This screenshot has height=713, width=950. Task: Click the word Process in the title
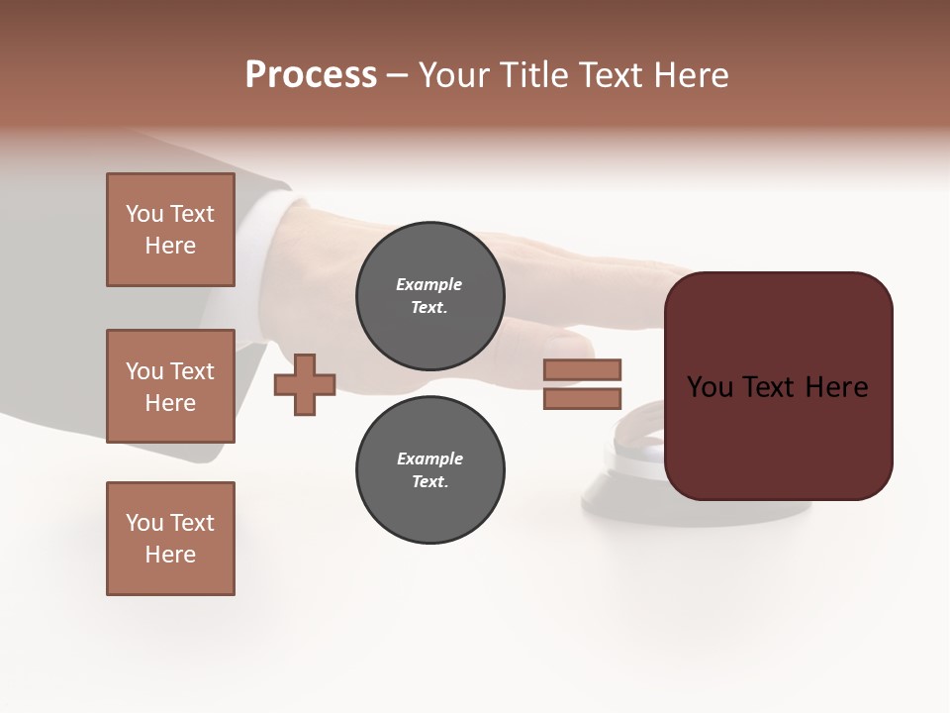click(311, 75)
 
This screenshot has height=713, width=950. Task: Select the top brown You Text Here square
click(170, 230)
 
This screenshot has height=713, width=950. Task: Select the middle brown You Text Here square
click(170, 386)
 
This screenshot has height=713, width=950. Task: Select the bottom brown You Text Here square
click(170, 539)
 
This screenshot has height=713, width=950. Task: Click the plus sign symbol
click(305, 384)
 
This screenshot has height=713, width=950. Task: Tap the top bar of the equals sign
click(582, 370)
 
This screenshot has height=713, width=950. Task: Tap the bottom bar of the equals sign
click(582, 399)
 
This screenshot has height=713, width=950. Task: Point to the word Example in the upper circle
click(428, 284)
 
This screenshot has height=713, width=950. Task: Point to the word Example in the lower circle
click(429, 458)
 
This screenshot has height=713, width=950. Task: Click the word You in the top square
click(144, 214)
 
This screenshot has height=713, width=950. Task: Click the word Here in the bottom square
click(170, 555)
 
